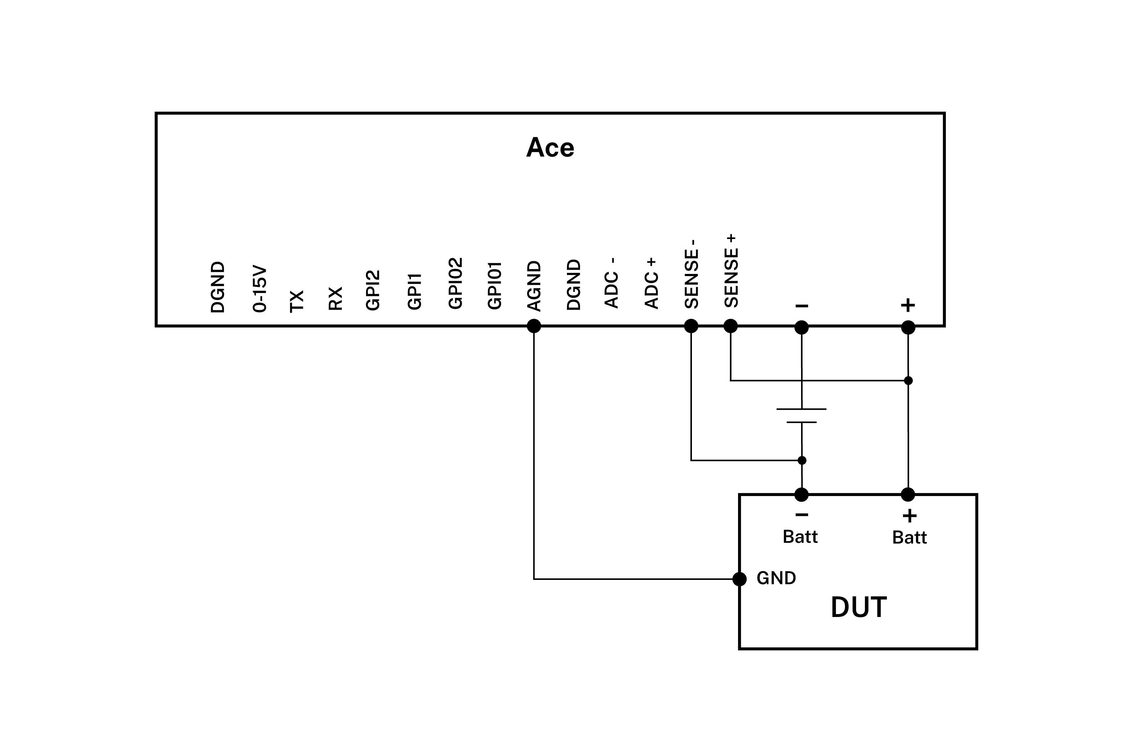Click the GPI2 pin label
373,290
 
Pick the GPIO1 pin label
495,285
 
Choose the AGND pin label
534,286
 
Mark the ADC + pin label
651,283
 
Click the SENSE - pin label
692,274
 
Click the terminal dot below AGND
534,326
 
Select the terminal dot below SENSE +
730,326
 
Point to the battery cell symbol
802,415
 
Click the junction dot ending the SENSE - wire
802,460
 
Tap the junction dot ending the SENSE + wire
909,381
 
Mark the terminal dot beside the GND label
739,579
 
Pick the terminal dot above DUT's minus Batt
802,495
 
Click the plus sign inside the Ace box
908,305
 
